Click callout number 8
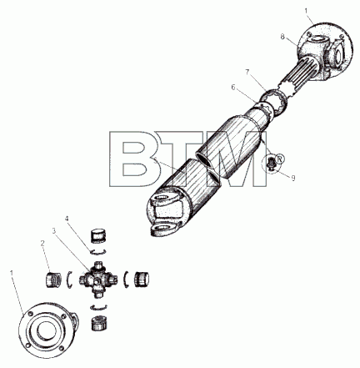tap(282, 37)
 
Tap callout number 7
tap(247, 72)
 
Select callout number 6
tap(233, 88)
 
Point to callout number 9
tap(293, 178)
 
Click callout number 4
tap(67, 219)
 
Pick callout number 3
tap(53, 230)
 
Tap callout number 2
tap(42, 244)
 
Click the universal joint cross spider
tap(98, 280)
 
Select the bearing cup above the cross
tap(98, 236)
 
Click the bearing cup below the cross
tap(100, 323)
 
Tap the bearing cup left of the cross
tap(53, 280)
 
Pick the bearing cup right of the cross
tap(142, 280)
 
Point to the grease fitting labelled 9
tap(271, 163)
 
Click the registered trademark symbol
tap(279, 159)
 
